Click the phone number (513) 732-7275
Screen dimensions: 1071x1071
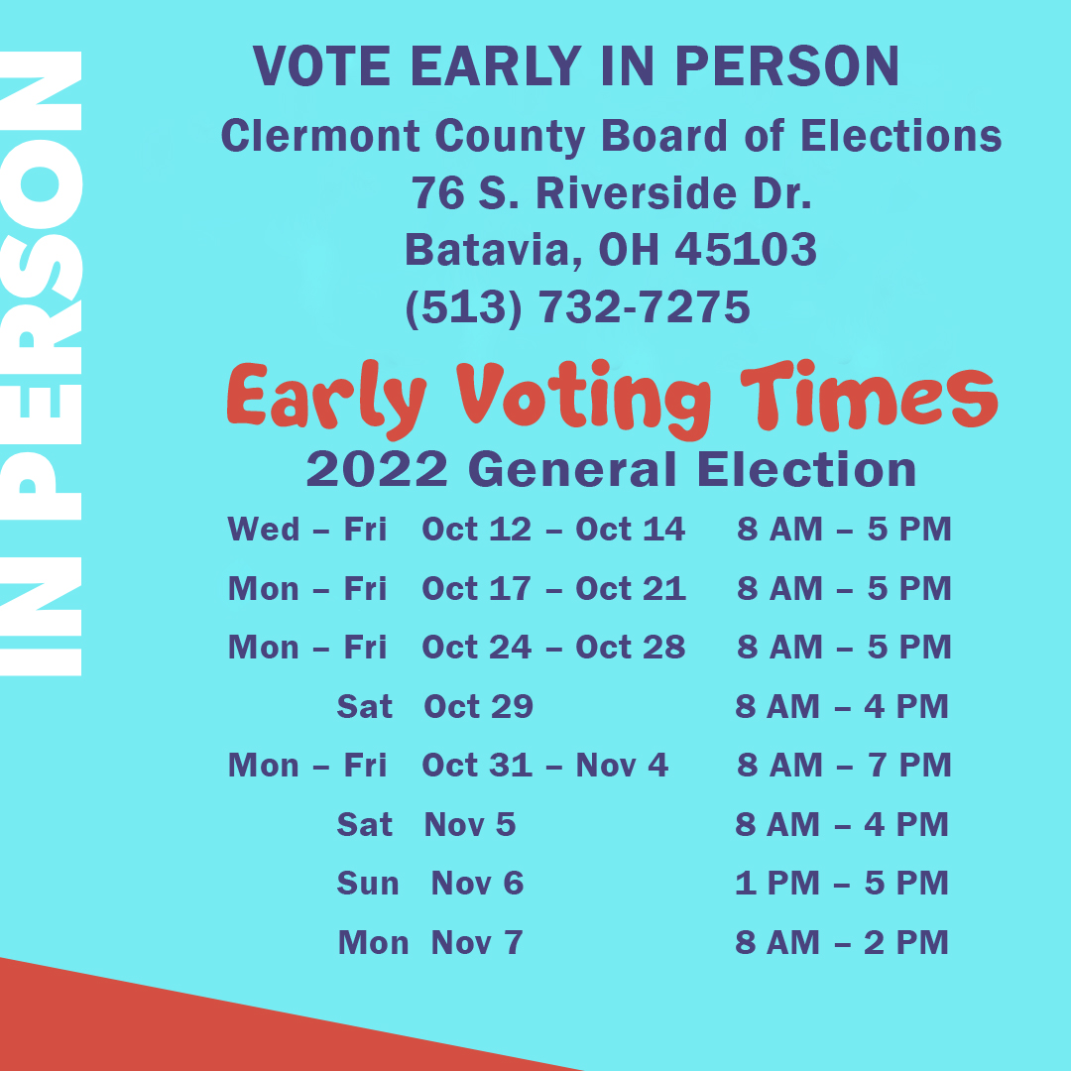coord(577,307)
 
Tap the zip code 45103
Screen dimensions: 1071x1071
coord(746,250)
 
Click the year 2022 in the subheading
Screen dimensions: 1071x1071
coord(377,469)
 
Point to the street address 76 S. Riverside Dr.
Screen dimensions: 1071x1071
coord(612,193)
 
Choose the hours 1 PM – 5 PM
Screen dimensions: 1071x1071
coord(842,883)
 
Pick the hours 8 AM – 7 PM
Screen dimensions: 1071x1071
coord(844,765)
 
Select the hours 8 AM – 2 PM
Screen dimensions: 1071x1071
coord(842,942)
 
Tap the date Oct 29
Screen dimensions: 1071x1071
coord(478,706)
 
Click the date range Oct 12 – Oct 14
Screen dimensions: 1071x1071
coord(553,530)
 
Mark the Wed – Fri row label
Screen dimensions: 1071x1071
coord(306,530)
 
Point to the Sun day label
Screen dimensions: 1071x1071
coord(368,883)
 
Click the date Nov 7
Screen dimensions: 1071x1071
coord(476,942)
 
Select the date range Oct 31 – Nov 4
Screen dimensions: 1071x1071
coord(544,765)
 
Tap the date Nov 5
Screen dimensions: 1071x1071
coord(470,824)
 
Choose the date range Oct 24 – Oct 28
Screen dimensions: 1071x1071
coord(553,648)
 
